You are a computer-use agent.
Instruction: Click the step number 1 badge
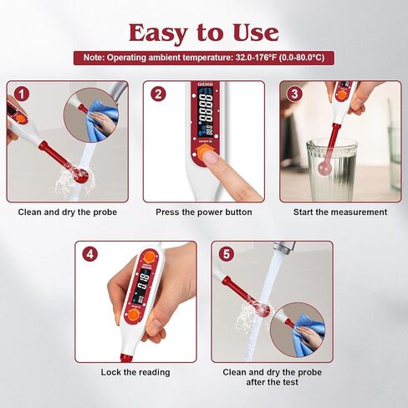[22, 94]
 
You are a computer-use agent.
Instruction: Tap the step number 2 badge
[158, 94]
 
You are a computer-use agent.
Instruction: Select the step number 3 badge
[294, 94]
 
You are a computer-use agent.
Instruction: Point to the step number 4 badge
[90, 254]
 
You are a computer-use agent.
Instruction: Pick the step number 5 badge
[227, 254]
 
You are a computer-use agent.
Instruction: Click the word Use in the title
[256, 33]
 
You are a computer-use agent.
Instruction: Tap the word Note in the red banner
[94, 58]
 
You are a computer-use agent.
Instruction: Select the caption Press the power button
[204, 212]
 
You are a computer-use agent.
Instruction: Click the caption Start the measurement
[340, 212]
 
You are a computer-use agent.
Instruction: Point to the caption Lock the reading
[135, 372]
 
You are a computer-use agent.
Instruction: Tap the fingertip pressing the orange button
[212, 158]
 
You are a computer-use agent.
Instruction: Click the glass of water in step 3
[332, 170]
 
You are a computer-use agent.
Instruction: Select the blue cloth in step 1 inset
[99, 120]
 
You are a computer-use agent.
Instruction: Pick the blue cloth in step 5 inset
[309, 333]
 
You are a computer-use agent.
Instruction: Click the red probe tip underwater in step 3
[325, 168]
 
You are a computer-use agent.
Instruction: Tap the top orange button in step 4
[150, 257]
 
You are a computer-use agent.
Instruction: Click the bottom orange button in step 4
[134, 315]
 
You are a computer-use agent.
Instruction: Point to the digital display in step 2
[206, 111]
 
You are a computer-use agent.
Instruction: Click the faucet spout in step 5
[284, 247]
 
